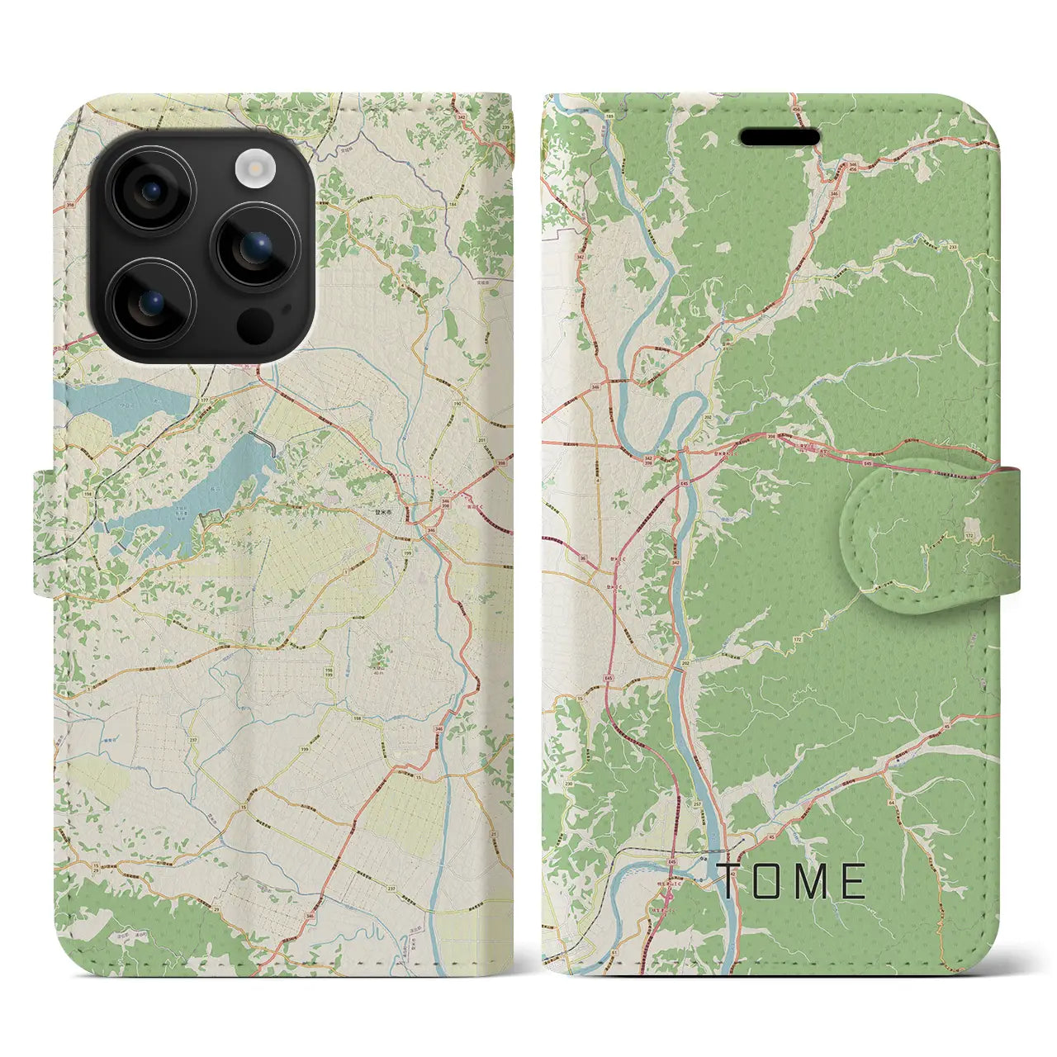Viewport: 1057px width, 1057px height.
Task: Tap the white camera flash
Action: pos(254,169)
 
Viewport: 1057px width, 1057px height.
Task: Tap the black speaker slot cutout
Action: pos(780,137)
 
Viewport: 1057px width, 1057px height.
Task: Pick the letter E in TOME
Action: pos(854,881)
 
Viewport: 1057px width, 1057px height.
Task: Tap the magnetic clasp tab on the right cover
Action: pos(929,527)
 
